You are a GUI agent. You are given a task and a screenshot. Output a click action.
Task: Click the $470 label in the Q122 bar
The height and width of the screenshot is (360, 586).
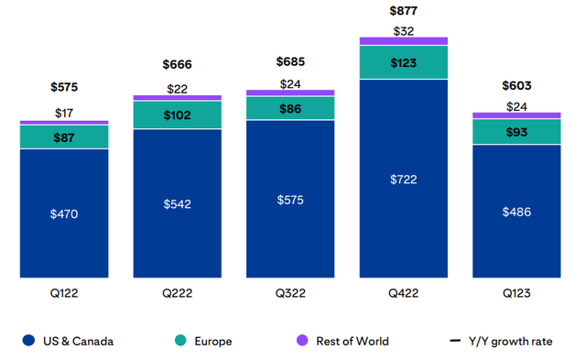[x=63, y=213]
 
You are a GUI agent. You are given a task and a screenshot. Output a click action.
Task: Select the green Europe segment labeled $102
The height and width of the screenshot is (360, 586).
[x=177, y=115]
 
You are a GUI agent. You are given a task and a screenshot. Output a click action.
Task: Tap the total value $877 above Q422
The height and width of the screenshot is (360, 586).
[x=403, y=12]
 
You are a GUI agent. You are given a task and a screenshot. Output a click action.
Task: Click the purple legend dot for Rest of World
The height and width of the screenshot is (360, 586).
[x=301, y=341]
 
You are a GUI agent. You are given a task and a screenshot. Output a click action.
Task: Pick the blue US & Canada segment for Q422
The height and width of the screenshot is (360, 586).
[x=403, y=179]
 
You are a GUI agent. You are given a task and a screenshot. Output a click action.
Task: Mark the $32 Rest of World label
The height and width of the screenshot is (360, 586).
[x=403, y=30]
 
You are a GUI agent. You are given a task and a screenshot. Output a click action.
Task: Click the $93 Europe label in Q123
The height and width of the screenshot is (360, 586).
[x=516, y=132]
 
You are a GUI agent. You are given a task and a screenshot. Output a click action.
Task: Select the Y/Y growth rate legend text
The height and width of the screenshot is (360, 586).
[x=513, y=341]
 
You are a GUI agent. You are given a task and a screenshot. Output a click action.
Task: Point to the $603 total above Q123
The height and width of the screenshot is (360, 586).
[x=516, y=86]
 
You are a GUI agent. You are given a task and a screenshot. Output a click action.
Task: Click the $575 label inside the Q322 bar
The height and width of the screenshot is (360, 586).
[x=290, y=199]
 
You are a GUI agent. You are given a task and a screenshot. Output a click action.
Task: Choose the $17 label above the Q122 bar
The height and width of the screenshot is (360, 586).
[x=63, y=113]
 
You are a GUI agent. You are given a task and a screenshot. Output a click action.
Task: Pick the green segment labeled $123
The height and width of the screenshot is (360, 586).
[x=403, y=62]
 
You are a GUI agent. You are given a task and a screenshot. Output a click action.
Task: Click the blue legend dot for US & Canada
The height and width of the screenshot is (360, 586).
[x=29, y=341]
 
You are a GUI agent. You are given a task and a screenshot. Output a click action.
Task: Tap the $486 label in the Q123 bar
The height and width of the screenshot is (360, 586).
[x=516, y=212]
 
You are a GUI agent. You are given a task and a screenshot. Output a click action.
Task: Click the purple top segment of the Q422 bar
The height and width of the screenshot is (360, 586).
[x=403, y=41]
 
